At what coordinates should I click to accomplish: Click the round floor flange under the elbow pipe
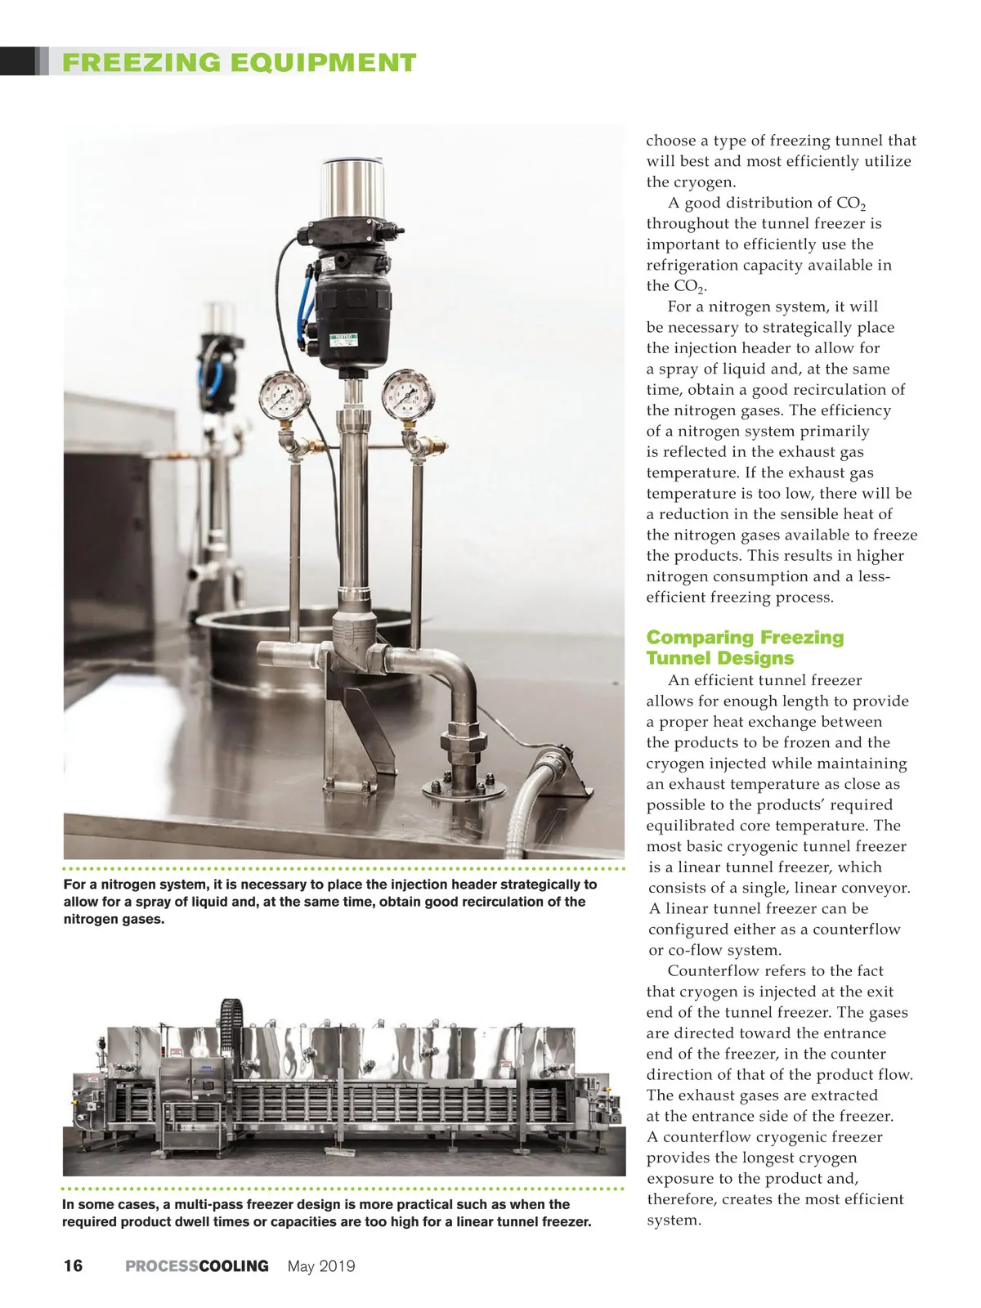point(462,790)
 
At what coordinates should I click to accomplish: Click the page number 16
point(73,1266)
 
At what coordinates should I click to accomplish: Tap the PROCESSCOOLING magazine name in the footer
point(196,1266)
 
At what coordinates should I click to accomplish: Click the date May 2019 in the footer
point(321,1266)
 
